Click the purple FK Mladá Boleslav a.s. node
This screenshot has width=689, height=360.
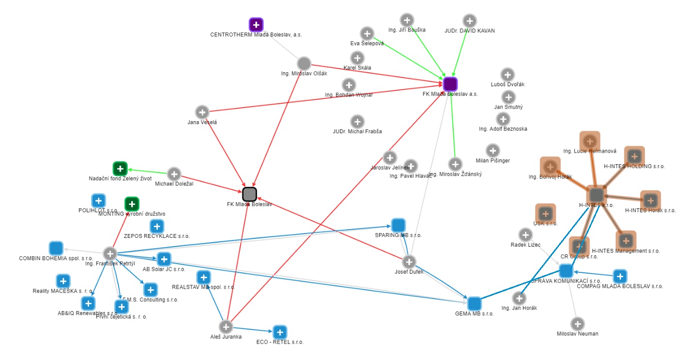point(450,84)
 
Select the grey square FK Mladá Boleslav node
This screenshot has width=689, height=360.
point(249,194)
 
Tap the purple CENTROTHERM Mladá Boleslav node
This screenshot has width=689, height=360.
point(256,24)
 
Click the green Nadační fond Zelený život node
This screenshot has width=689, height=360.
point(120,169)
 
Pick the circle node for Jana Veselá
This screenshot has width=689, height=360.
point(202,112)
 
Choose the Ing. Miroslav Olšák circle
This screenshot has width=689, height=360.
point(304,63)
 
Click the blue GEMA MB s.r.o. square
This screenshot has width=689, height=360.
point(474,304)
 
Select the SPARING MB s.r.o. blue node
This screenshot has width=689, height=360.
point(398,225)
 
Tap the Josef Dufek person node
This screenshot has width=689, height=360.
point(409,262)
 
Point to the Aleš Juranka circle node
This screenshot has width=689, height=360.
point(225,327)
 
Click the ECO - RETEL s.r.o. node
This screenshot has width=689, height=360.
point(279,332)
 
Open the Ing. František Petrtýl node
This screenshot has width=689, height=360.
point(110,253)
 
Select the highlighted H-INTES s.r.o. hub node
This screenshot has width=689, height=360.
point(597,195)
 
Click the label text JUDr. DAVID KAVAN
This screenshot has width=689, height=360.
point(469,31)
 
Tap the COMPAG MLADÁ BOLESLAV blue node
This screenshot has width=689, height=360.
point(620,276)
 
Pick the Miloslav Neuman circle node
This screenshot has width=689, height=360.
point(577,324)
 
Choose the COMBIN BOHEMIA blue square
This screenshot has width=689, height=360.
point(56,248)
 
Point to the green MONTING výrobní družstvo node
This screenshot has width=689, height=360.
point(132,204)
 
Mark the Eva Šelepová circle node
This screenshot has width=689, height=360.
point(367,33)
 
